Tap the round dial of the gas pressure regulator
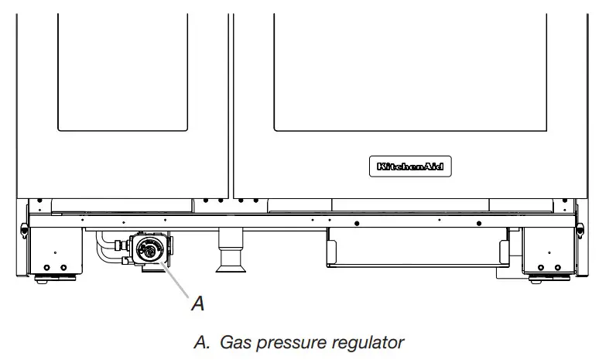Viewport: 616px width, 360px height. [x=147, y=249]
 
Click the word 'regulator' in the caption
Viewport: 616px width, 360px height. [x=366, y=341]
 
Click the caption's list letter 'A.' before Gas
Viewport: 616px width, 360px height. [x=204, y=341]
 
